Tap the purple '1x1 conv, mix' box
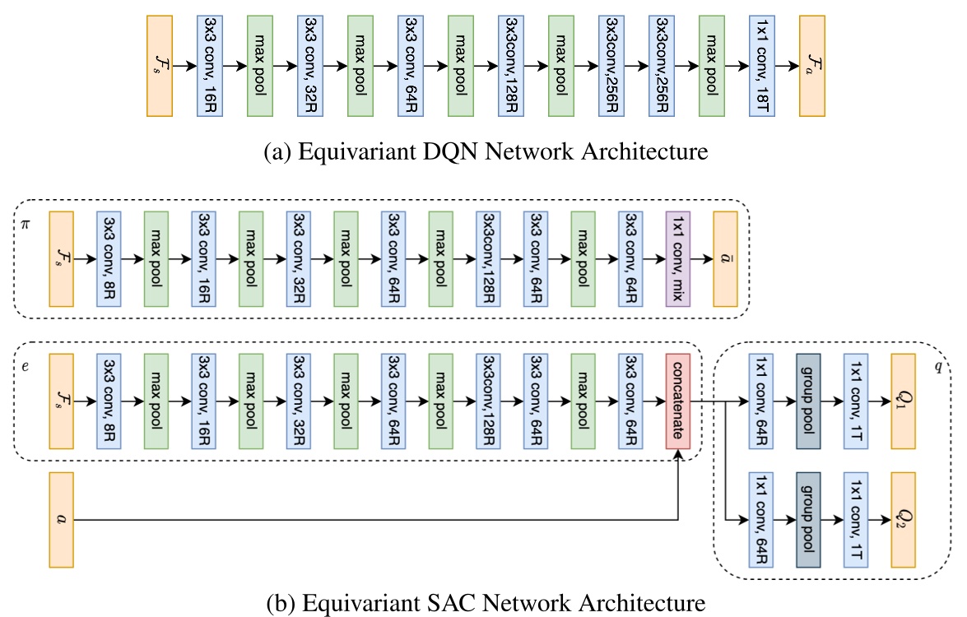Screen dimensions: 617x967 678,257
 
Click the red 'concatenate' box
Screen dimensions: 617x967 678,403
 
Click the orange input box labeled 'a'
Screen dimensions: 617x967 62,520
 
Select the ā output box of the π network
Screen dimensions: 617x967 727,257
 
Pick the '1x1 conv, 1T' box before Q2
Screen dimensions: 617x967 857,520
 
